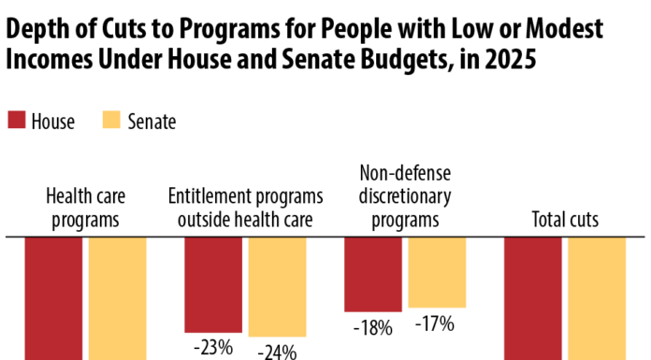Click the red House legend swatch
16,121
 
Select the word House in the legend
53,122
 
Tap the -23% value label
214,346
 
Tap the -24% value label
278,352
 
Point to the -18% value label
372,327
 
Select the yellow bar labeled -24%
277,286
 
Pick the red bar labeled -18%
373,273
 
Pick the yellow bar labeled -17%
437,271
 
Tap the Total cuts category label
565,221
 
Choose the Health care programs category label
86,209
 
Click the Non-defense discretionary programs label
405,196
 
